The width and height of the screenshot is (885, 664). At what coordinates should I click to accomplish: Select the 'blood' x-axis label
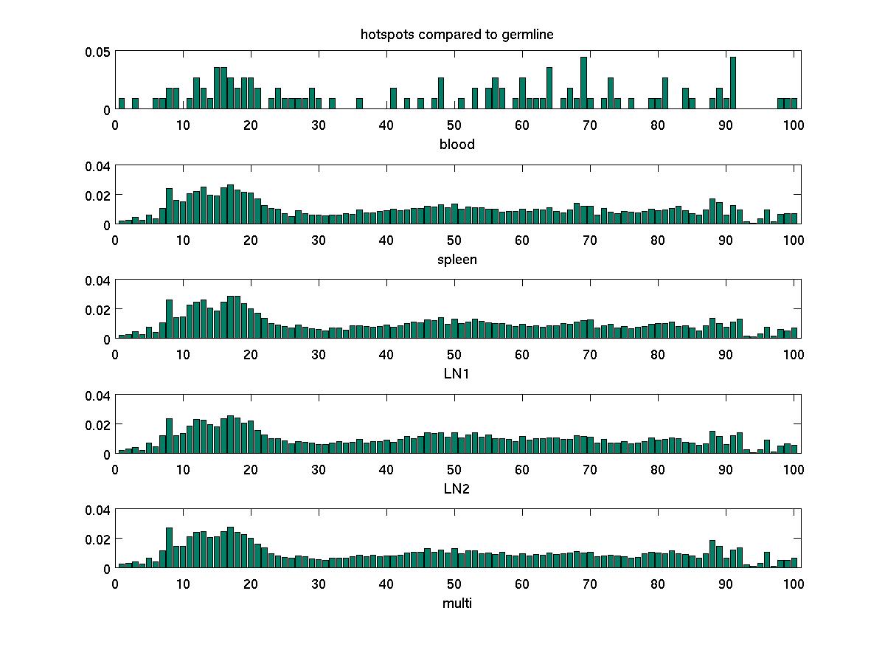[x=457, y=145]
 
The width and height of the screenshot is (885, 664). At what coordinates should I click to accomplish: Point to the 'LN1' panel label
[x=457, y=374]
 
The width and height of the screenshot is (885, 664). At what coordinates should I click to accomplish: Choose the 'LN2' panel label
[x=457, y=488]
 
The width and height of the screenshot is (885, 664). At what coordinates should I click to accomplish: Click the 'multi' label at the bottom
[x=457, y=604]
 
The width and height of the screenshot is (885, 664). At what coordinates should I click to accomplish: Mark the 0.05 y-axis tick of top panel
[x=97, y=52]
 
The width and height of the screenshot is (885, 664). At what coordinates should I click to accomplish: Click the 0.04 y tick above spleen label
[x=97, y=166]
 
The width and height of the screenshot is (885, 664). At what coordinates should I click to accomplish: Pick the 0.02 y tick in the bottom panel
[x=97, y=539]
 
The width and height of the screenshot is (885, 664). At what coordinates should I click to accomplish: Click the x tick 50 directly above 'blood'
[x=454, y=125]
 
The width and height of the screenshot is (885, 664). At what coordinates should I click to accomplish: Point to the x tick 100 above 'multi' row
[x=794, y=584]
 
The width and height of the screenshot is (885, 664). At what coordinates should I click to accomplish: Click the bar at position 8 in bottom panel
[x=169, y=548]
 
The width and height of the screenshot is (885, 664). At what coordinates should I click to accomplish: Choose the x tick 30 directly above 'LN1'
[x=319, y=355]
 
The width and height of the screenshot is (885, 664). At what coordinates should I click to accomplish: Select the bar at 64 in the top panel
[x=549, y=89]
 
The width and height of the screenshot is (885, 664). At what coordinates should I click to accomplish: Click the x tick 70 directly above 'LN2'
[x=590, y=469]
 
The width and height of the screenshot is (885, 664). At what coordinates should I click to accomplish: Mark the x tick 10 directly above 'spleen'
[x=182, y=241]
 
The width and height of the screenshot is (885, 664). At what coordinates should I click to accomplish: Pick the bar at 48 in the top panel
[x=441, y=94]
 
